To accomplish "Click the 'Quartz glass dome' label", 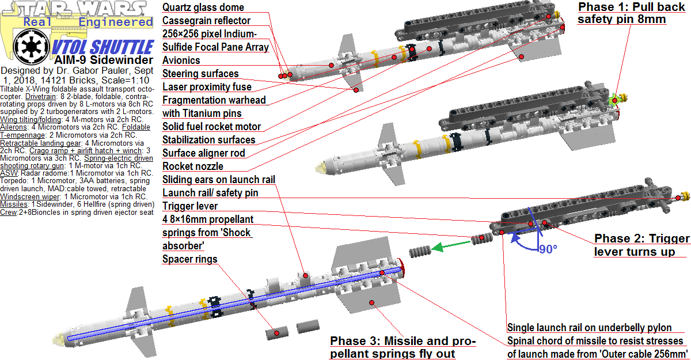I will (203, 7).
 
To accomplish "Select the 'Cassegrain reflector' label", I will (206, 21).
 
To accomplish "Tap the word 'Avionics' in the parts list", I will (181, 60).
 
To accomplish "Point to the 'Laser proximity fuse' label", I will (207, 87).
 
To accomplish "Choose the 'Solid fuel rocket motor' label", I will (211, 127).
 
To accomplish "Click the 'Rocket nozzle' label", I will (192, 166).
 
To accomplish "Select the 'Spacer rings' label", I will (189, 259).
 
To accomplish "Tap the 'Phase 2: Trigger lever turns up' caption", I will (641, 245).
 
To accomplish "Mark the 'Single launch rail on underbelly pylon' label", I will (589, 328).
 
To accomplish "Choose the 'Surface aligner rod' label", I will (203, 153).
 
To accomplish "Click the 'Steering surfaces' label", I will (200, 74).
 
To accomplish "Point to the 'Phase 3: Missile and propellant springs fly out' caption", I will (403, 347).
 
